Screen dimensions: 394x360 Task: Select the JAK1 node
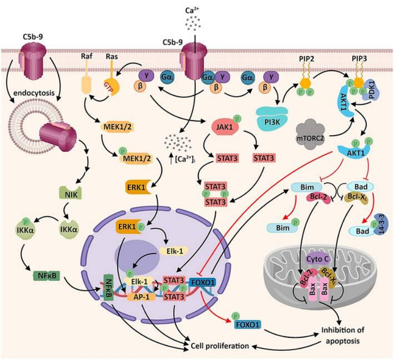point(224,127)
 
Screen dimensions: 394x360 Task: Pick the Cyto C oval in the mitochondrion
point(318,259)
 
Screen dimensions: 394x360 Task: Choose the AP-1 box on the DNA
point(141,297)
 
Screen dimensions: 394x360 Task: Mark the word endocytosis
point(34,93)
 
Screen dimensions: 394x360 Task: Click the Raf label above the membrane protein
point(87,56)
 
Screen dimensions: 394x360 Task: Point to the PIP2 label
point(306,59)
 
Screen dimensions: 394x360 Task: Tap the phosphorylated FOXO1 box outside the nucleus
point(248,325)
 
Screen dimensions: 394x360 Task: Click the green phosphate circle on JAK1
point(237,118)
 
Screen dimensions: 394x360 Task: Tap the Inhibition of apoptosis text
point(343,335)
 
